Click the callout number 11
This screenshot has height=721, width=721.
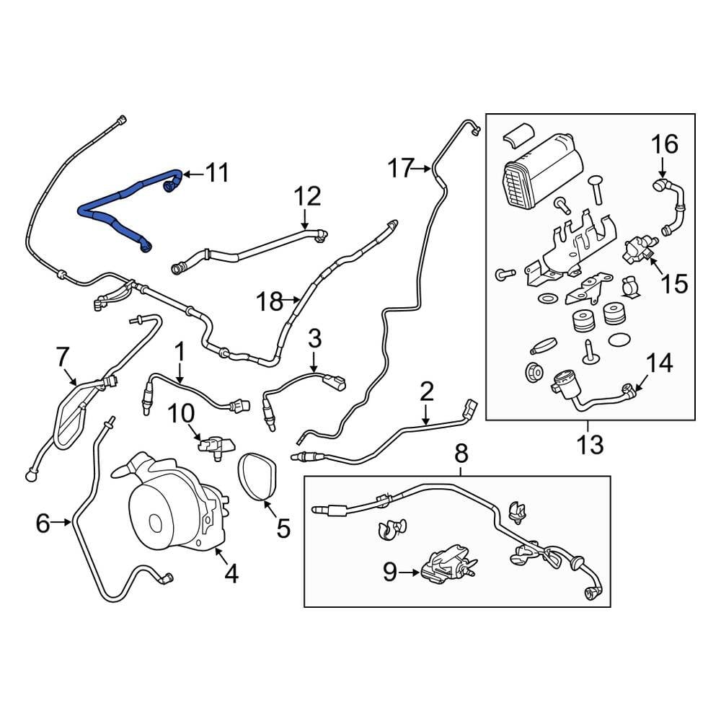217,173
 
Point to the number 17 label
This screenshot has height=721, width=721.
402,169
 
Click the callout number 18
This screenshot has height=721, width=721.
270,301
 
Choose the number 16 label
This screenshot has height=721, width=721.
665,145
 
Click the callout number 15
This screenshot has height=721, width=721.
676,283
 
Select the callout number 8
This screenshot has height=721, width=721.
461,454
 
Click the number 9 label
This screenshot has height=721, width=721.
390,572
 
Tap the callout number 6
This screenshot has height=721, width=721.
43,523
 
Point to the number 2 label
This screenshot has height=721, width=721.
426,393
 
